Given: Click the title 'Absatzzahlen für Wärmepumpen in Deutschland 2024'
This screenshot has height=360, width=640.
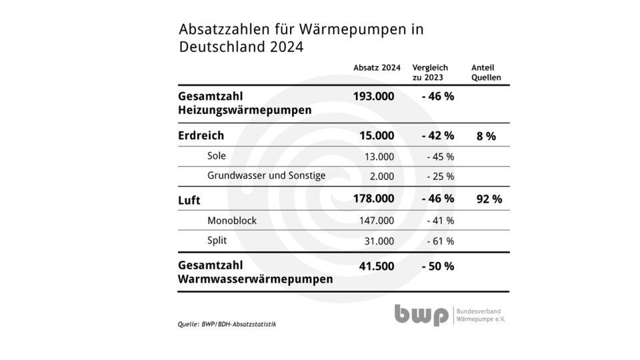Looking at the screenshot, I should point(301,38).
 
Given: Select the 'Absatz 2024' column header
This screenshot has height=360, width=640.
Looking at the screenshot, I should point(377,68).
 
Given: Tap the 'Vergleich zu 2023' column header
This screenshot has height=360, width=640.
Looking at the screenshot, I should point(430,73).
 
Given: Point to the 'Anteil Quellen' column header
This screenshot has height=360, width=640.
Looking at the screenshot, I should point(486,73).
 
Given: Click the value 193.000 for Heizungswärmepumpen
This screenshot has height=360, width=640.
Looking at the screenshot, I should point(373,96).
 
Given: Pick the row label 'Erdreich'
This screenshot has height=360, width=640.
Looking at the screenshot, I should point(201,136).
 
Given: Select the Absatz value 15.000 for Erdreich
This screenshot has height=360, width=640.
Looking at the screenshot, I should point(377,136).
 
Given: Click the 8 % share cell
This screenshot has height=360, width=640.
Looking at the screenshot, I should point(486,136).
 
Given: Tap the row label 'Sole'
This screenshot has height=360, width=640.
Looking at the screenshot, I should point(217,156).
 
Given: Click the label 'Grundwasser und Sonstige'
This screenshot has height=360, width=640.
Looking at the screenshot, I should point(266,176).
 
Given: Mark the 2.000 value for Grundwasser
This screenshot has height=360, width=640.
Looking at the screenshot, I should point(381,177).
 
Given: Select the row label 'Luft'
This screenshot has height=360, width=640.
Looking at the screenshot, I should point(189,199).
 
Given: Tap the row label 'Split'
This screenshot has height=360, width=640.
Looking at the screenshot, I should point(217,241).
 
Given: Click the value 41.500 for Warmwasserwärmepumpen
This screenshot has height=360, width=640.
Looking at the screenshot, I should point(376,266).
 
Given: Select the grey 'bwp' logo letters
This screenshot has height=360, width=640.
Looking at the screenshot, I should point(421,315).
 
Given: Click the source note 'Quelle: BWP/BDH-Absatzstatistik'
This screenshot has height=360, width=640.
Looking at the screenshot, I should point(227,324).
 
